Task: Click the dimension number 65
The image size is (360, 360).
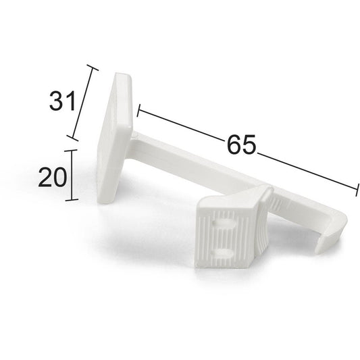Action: click(x=241, y=145)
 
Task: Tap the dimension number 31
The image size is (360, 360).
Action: click(x=61, y=101)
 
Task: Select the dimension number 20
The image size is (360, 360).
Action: click(x=52, y=177)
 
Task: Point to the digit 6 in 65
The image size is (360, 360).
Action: click(x=234, y=145)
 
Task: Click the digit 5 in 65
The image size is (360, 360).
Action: click(x=249, y=145)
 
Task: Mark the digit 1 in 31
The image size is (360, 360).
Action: click(x=68, y=101)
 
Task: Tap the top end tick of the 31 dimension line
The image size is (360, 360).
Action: click(x=93, y=68)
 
